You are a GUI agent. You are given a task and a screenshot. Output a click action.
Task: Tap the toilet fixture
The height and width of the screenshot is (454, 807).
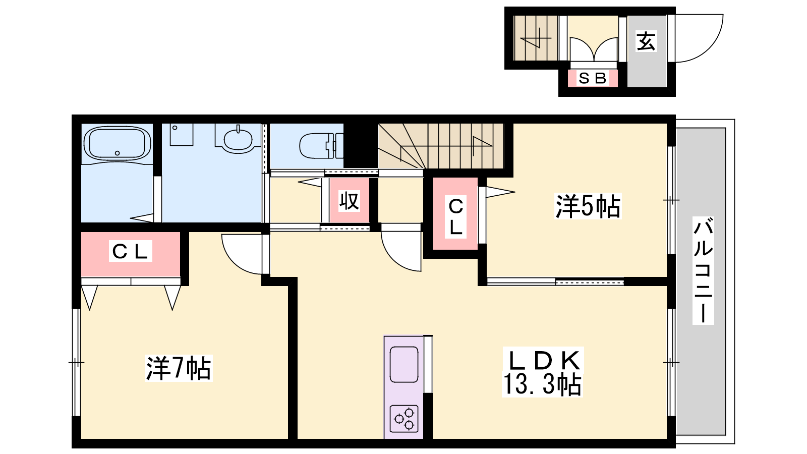[x=321, y=146]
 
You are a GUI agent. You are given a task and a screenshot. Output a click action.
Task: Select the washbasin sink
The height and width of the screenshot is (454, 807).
[x=238, y=139]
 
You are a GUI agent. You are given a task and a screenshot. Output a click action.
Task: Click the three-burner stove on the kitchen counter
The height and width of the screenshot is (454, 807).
[x=404, y=419]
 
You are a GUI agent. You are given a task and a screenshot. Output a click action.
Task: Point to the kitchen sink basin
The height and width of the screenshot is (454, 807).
[x=404, y=365]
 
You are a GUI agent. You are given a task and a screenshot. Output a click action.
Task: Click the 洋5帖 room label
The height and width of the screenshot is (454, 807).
[x=588, y=206]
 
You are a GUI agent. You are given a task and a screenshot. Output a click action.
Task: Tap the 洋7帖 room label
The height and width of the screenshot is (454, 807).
[x=179, y=368]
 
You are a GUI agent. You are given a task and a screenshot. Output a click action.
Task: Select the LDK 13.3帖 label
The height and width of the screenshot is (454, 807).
[x=543, y=372]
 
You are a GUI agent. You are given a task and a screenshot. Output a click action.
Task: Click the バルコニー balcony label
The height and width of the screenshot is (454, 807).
[x=703, y=270]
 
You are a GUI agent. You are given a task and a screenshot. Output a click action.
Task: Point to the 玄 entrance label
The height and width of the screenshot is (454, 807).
[x=646, y=41]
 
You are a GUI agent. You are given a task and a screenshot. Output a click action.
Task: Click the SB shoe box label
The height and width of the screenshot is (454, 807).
[x=593, y=78]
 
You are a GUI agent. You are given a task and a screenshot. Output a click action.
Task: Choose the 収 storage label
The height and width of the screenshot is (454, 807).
[x=349, y=201]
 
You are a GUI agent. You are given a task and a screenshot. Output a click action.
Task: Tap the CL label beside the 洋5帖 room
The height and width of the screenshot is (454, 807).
[x=456, y=217]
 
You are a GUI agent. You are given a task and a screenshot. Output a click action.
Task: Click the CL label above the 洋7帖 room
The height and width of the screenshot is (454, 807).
[x=130, y=251]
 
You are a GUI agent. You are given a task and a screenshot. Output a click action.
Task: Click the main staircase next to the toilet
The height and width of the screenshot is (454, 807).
[x=441, y=146]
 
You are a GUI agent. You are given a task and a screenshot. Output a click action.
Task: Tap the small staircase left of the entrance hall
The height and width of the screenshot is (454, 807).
[x=536, y=38]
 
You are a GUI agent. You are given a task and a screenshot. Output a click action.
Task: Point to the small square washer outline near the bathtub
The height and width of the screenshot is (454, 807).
[x=182, y=134]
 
